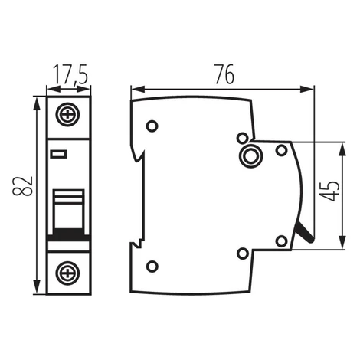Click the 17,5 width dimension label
point(70,74)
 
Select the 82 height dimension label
point(23,185)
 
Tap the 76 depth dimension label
point(224,74)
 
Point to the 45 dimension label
point(329,191)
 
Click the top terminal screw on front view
point(68,114)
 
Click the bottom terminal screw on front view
point(68,273)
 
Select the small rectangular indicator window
point(59,154)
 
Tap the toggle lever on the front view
point(68,209)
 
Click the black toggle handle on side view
point(305,232)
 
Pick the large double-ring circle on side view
point(249,155)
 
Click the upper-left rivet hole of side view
point(152,126)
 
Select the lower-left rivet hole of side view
point(152,267)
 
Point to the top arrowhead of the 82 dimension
point(37,103)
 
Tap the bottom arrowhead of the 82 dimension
point(37,287)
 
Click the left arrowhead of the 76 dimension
point(138,90)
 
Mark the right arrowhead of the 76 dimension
point(306,90)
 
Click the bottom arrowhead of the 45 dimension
point(343,241)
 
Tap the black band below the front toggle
point(68,234)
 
